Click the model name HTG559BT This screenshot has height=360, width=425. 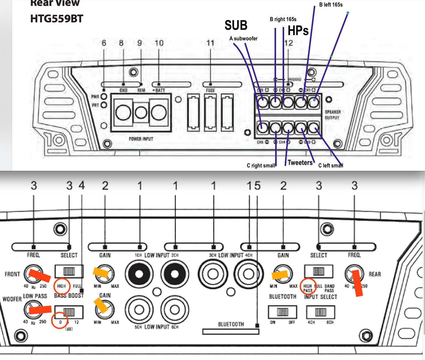click(x=57, y=19)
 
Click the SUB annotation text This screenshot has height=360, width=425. click(x=236, y=25)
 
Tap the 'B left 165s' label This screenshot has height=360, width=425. click(x=331, y=5)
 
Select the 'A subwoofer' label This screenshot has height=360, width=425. click(x=243, y=39)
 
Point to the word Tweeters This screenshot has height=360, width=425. click(x=300, y=162)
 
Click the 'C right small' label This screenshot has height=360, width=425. click(x=261, y=166)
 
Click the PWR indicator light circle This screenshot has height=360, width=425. click(x=104, y=97)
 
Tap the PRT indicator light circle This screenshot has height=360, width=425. click(x=104, y=105)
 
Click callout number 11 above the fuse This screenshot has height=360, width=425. click(x=210, y=43)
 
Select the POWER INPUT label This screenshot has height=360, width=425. click(x=141, y=139)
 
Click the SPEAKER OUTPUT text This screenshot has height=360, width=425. click(x=333, y=115)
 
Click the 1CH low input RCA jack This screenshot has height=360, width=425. click(x=139, y=274)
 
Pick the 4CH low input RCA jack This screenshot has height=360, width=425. click(x=248, y=274)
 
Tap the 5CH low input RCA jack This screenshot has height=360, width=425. click(x=139, y=310)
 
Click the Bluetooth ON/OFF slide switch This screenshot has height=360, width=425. click(x=282, y=312)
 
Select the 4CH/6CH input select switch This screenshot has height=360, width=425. click(x=321, y=312)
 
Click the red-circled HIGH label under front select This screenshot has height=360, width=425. click(x=61, y=286)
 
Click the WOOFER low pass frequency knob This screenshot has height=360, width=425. click(x=34, y=310)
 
